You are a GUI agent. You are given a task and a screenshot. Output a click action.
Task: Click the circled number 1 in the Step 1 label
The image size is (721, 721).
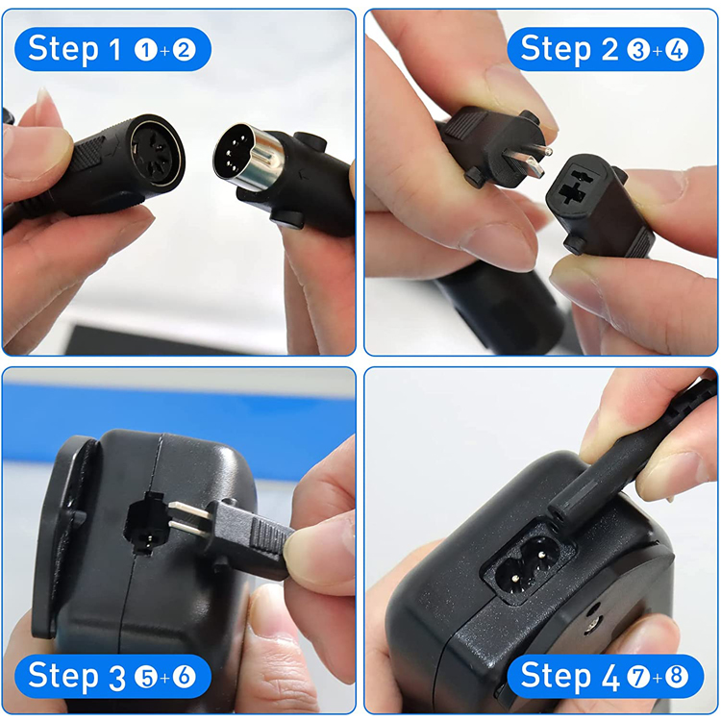pos(146,50)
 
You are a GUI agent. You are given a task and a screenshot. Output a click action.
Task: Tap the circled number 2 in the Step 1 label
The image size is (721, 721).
pos(184,50)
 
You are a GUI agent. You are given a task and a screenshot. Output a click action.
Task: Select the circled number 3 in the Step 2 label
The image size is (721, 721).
pos(638,50)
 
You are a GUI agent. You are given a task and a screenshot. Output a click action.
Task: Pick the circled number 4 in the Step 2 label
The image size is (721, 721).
pos(677,50)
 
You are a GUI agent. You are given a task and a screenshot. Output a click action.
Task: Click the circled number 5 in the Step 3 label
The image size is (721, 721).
pos(146,678)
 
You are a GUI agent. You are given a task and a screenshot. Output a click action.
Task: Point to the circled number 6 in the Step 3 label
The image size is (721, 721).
pos(184,678)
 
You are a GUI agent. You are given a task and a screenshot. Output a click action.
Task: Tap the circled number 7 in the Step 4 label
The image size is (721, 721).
pos(638,678)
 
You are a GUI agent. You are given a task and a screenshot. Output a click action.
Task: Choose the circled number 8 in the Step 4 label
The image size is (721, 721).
pos(677,678)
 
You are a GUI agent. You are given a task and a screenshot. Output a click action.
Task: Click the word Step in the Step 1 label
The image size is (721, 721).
pos(63,50)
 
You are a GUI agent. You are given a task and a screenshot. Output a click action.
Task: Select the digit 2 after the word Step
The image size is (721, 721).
pos(609,49)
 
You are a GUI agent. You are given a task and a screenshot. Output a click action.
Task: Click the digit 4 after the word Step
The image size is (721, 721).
pos(610,677)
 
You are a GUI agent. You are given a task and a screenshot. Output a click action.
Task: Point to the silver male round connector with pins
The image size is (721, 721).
pos(247,157)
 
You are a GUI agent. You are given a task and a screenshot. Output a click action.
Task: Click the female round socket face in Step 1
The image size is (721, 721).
pos(156,151)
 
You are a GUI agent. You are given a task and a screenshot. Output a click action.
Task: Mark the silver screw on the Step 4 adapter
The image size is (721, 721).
pos(592,624)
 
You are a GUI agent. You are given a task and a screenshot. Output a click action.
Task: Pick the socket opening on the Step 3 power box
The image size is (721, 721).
pos(145,523)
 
